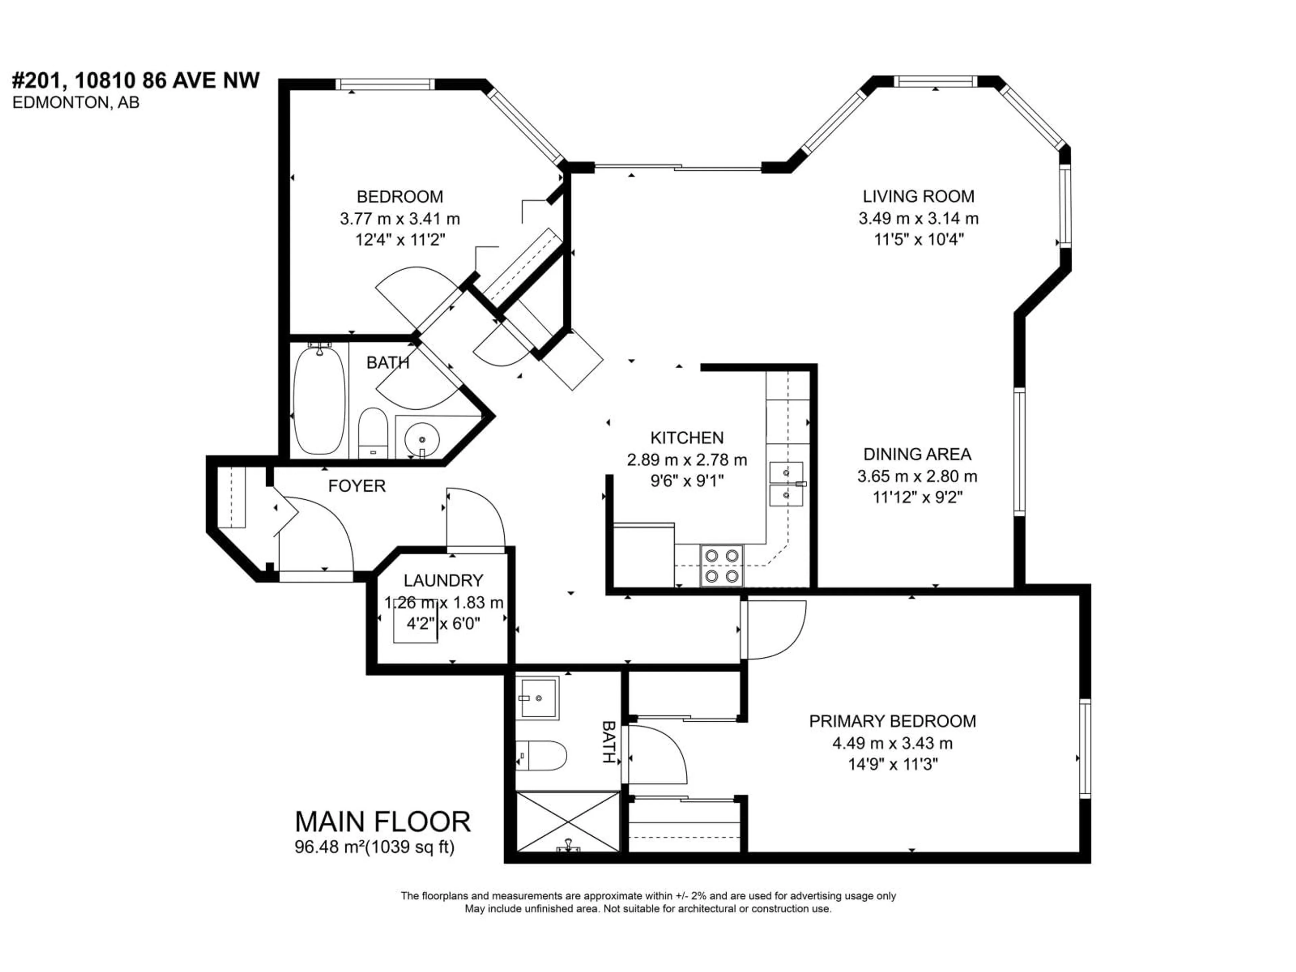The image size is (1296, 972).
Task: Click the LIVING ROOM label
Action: (918, 196)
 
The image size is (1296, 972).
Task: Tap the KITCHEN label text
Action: (687, 438)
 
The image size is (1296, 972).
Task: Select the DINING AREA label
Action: (917, 454)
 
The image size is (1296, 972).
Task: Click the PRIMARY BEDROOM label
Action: (892, 721)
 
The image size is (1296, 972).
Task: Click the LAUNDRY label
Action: (443, 580)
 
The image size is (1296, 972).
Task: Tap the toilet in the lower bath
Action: (542, 756)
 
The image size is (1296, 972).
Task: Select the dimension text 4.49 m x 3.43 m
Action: (892, 743)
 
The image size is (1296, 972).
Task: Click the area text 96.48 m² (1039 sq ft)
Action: (374, 847)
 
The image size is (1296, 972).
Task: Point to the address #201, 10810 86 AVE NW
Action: (136, 80)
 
